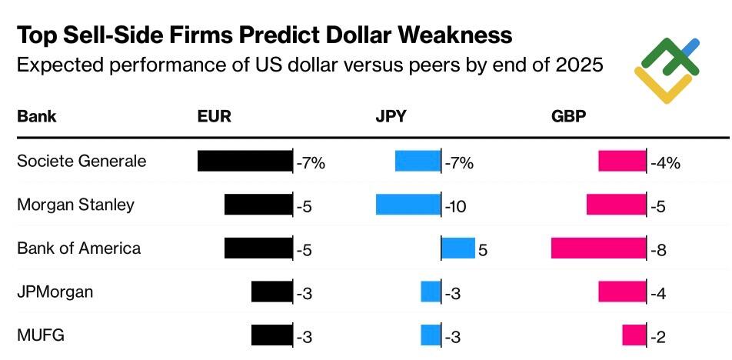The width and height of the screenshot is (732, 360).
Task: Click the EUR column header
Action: pos(215,117)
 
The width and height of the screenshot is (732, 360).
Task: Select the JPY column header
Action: pos(391,117)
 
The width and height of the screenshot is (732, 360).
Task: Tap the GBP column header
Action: pos(569,117)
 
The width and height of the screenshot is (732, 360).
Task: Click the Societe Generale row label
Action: pos(82,162)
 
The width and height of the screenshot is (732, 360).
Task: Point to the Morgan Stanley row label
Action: pos(75,205)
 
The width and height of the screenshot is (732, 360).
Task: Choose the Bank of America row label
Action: pos(78,248)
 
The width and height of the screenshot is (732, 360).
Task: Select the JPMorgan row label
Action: pos(55,292)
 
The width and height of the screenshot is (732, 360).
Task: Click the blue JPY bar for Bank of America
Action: pos(458,248)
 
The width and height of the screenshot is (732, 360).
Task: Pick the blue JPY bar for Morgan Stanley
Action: pos(408,205)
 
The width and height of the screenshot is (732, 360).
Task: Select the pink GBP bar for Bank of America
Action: pos(599,248)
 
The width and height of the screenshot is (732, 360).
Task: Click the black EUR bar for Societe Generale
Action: pos(245,161)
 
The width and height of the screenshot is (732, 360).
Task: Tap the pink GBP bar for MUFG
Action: pos(634,336)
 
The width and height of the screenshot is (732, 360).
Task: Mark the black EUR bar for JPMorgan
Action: pos(271,292)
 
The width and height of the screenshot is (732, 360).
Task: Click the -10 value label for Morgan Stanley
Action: pos(456,206)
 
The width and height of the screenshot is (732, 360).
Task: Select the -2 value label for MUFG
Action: pos(657,337)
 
